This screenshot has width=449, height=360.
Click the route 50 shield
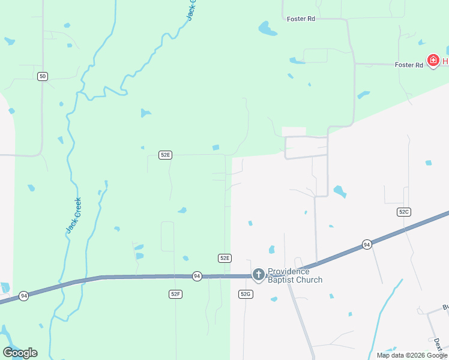click(x=42, y=76)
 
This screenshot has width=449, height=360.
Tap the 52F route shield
click(x=175, y=294)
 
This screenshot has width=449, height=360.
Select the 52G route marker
click(x=246, y=294)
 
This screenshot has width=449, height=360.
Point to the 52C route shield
click(x=404, y=212)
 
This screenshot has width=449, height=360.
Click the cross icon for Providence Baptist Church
click(x=258, y=275)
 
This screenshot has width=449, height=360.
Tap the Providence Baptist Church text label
click(x=295, y=275)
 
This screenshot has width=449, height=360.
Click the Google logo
click(x=20, y=353)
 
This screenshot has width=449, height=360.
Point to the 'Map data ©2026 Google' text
click(x=411, y=355)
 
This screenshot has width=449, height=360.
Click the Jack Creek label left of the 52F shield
click(x=73, y=216)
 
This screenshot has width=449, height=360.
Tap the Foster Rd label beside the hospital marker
click(x=409, y=65)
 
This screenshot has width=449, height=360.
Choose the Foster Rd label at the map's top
click(x=301, y=19)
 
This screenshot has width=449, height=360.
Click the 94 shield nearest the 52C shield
click(x=367, y=244)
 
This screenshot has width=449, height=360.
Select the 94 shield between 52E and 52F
click(x=197, y=276)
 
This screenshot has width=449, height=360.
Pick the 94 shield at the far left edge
click(x=23, y=296)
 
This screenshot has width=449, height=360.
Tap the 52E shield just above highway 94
click(x=224, y=258)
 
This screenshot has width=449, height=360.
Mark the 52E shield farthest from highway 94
click(x=166, y=155)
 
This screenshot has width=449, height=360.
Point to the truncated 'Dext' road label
click(x=438, y=343)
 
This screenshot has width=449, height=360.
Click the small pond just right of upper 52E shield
click(x=215, y=148)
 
